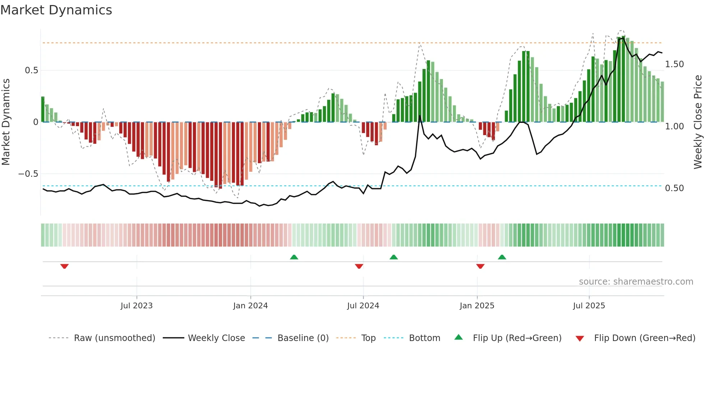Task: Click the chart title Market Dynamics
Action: coord(56,10)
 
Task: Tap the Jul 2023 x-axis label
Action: coord(136,306)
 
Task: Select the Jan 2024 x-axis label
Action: coord(250,306)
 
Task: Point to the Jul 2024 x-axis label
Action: coord(363,306)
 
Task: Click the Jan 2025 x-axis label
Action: coord(477,306)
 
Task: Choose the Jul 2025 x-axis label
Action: coord(589,306)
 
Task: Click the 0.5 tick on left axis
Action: coord(31,70)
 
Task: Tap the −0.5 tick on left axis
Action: coord(28,174)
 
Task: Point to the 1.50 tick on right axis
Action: coord(674,64)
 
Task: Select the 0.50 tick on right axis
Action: coord(674,188)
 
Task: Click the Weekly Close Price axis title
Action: coord(698,122)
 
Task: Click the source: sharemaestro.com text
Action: coord(636,282)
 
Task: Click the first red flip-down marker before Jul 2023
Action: coord(64,266)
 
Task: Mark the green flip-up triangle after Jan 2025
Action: coord(502,257)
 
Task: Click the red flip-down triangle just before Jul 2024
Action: coord(359,266)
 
